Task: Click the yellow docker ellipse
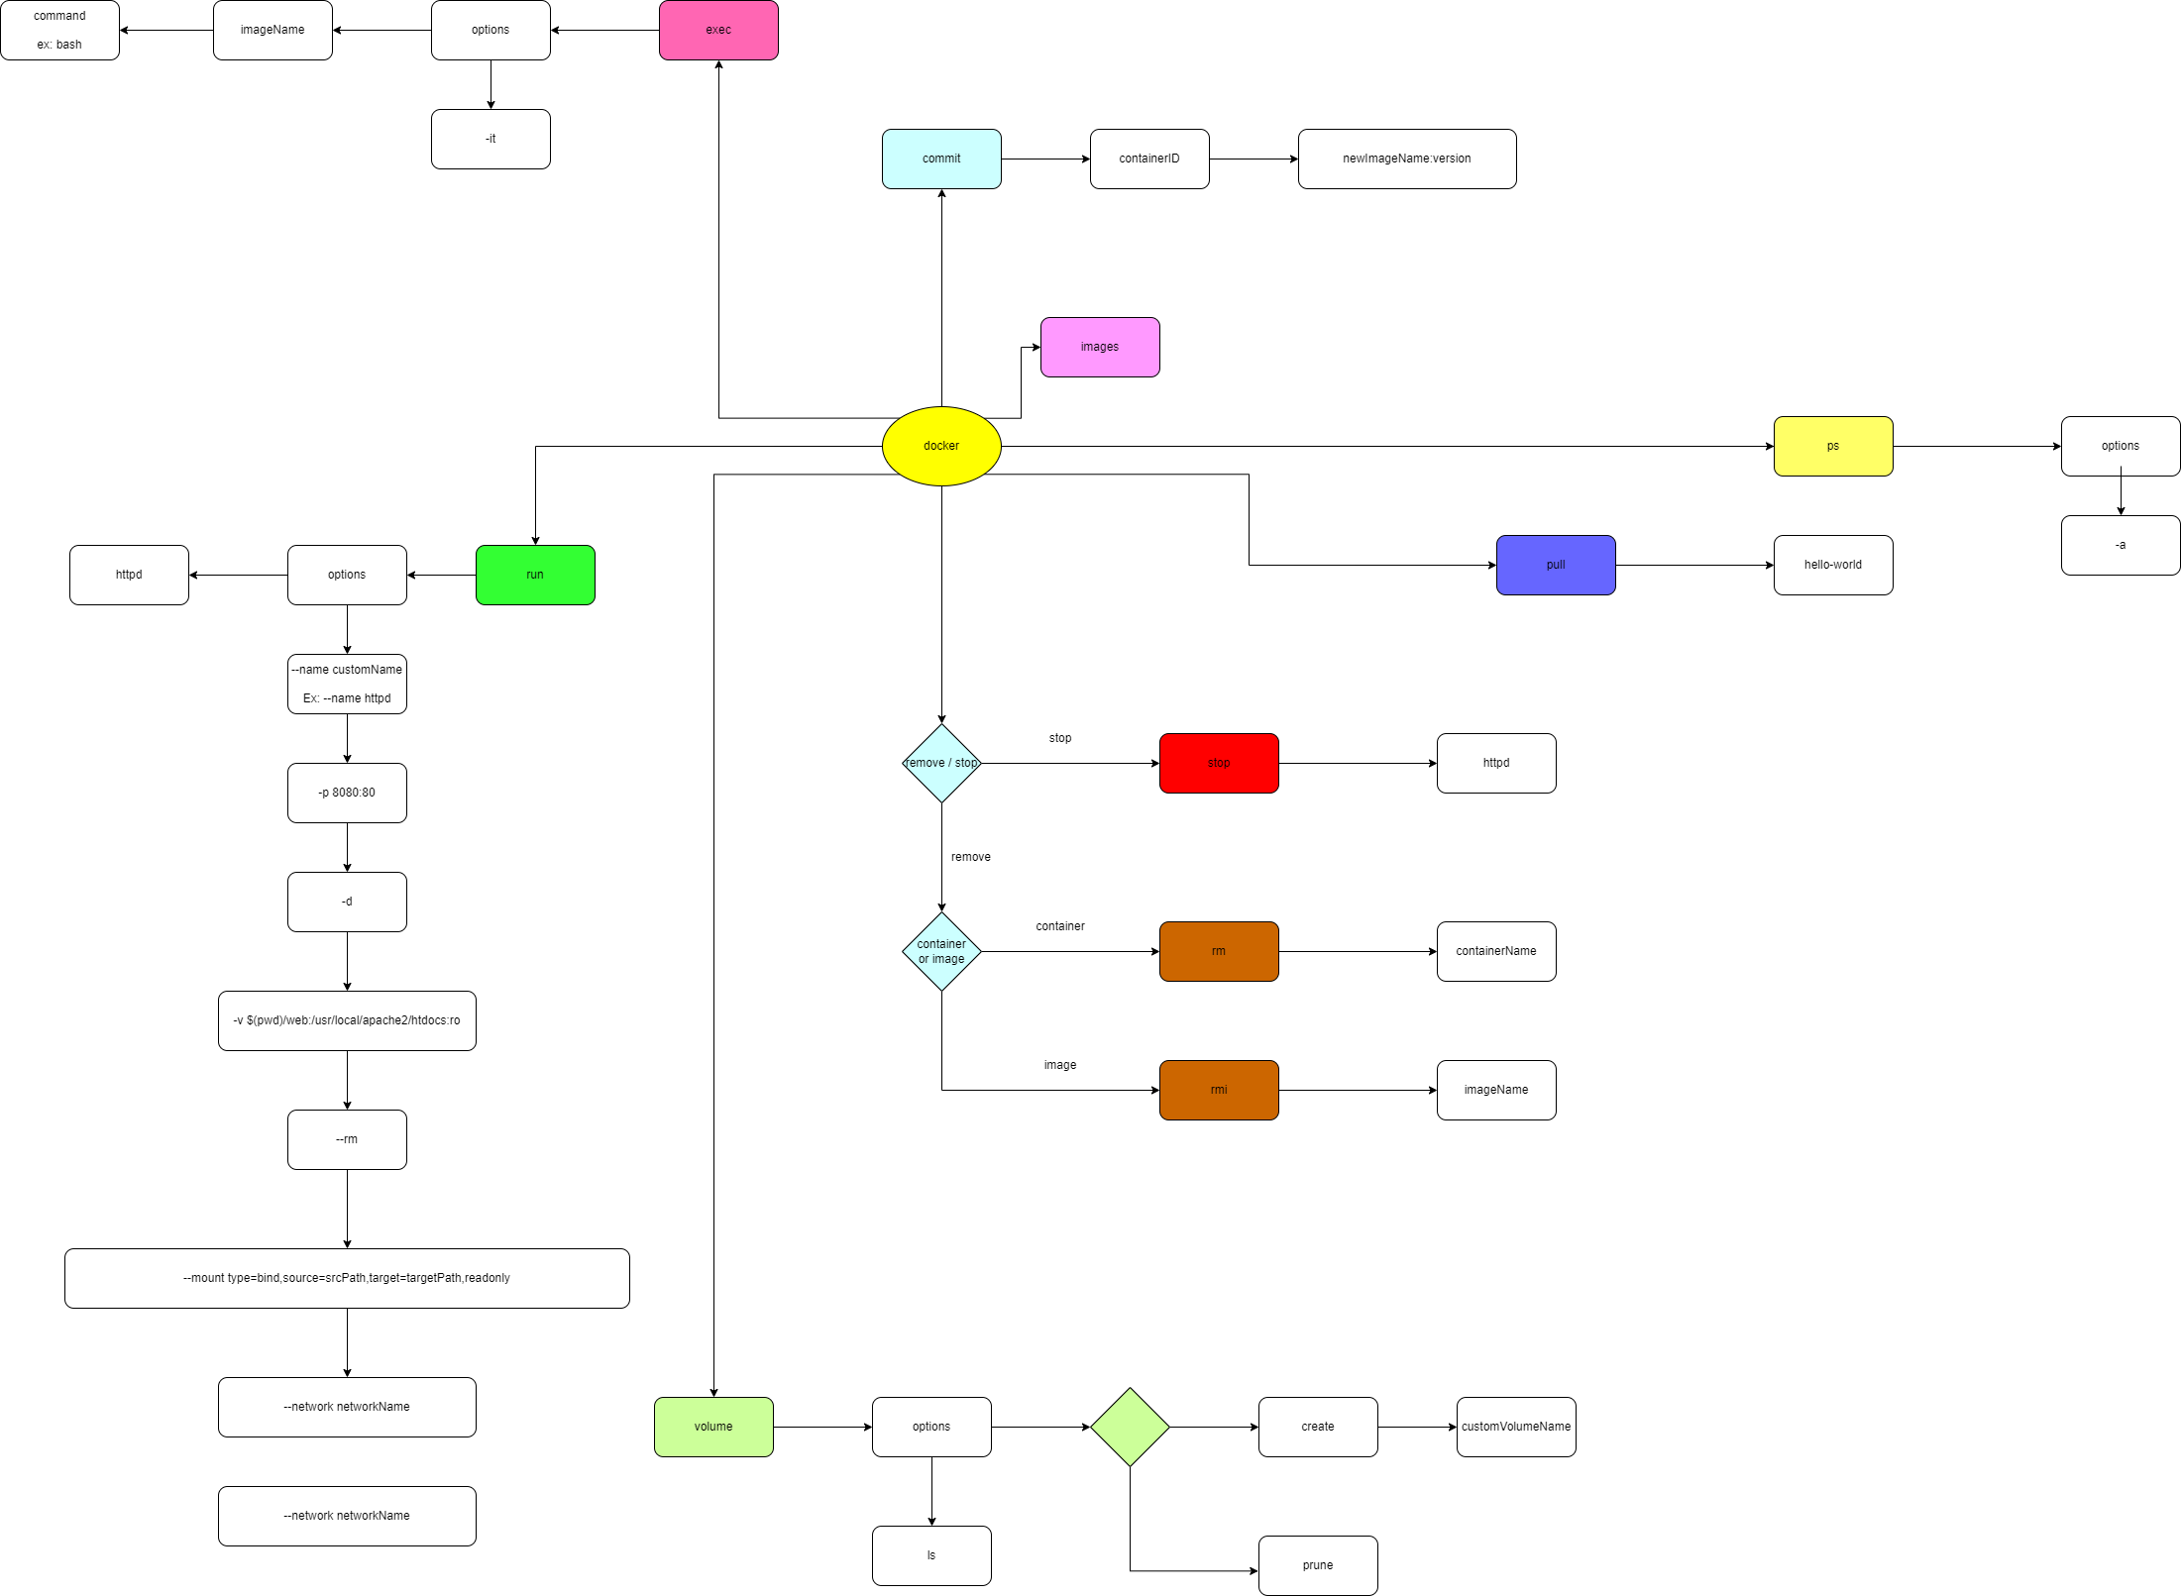point(940,446)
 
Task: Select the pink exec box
point(718,30)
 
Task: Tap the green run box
point(535,575)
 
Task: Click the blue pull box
point(1555,565)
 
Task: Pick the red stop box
point(1218,763)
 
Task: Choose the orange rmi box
point(1218,1090)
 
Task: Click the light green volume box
point(713,1427)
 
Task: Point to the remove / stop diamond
point(941,763)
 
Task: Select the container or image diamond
point(941,951)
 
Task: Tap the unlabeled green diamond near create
point(1130,1427)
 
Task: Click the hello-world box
point(1832,565)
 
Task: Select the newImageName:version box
point(1406,159)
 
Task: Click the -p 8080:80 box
point(347,793)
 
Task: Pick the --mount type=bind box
point(347,1278)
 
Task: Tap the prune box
point(1317,1565)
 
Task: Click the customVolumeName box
point(1515,1427)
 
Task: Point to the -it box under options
point(491,139)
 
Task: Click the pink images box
point(1099,347)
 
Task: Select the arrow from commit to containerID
point(1045,159)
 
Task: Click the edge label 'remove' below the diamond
point(970,857)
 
